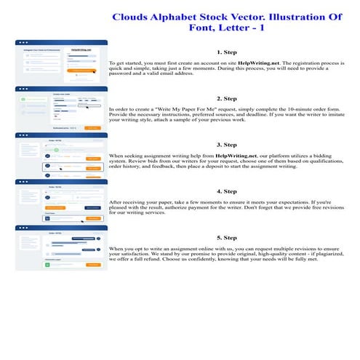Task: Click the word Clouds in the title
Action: point(132,17)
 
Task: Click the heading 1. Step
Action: point(227,53)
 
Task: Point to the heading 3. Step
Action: point(227,145)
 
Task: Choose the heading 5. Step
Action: point(227,237)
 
